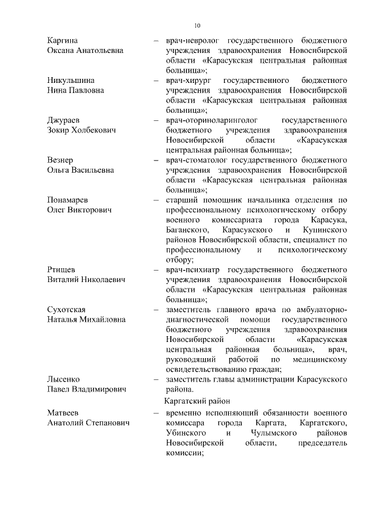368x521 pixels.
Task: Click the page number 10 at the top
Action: tap(197, 25)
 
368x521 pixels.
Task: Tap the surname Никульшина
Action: tap(71, 81)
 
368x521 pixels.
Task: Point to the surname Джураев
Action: tap(64, 120)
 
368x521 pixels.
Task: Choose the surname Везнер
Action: tap(61, 159)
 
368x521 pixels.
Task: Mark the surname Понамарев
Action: tap(68, 199)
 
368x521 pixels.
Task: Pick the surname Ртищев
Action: tap(61, 269)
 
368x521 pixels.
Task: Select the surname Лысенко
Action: tap(63, 379)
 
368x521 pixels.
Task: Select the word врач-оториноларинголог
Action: tap(212, 120)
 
